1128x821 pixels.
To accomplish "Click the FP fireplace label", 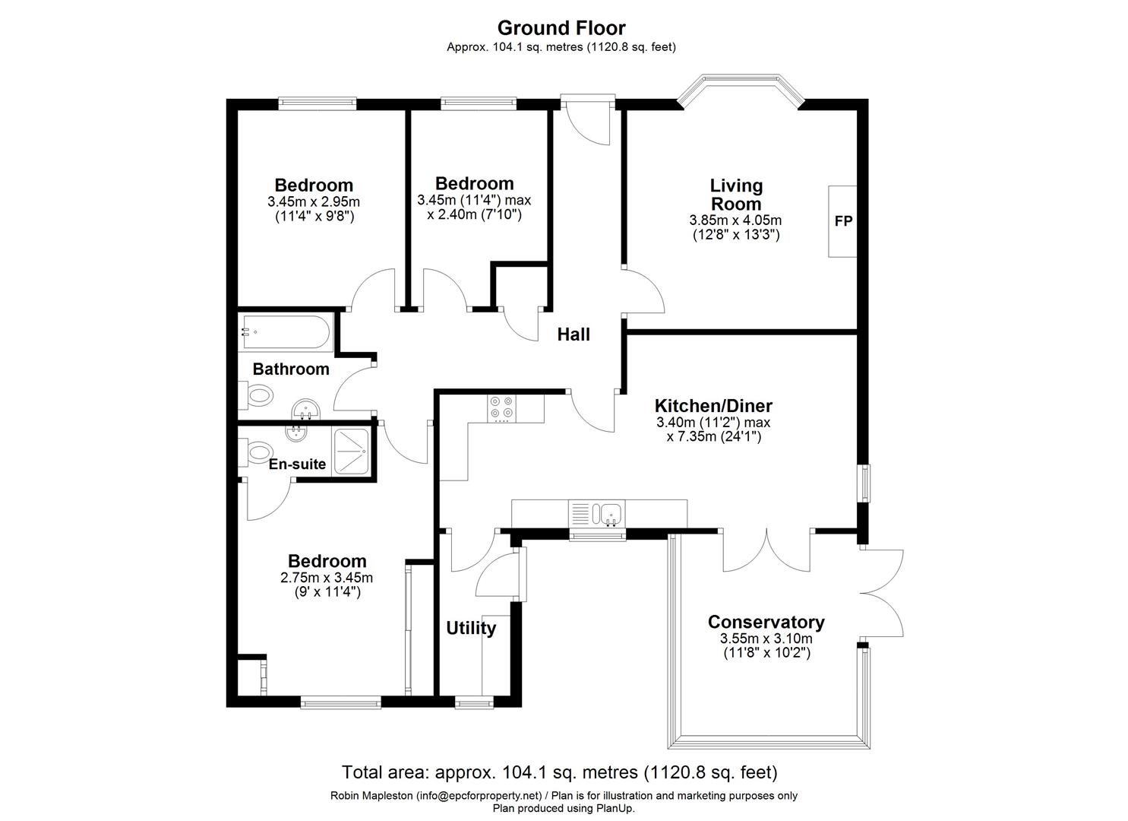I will (843, 221).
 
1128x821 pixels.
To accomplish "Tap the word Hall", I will (573, 334).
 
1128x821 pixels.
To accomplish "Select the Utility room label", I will (471, 628).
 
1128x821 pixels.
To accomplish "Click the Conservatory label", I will (766, 622).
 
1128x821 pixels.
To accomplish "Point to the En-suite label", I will (297, 464).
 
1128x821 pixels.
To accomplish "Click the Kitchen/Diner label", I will (713, 406).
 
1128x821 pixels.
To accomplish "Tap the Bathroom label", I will (291, 369).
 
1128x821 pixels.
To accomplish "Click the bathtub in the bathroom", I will (285, 332).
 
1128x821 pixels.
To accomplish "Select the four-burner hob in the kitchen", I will (501, 408).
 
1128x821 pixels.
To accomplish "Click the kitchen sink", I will (609, 515).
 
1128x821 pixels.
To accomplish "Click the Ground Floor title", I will (561, 28).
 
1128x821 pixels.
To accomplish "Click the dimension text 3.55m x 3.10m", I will (766, 639).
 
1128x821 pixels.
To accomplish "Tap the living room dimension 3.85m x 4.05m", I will (735, 220).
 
